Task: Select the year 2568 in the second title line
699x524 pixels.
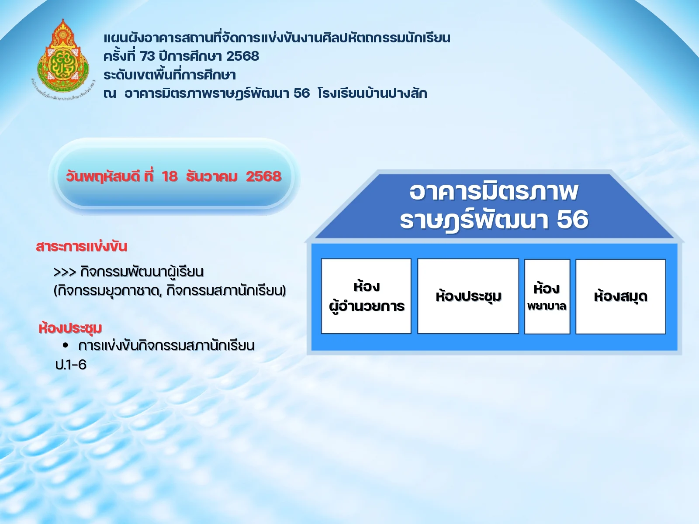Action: [242, 56]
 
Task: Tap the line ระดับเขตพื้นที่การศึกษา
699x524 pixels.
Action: [170, 75]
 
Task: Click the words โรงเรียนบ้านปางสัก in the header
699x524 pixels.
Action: [372, 93]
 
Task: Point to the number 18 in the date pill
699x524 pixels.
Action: [170, 176]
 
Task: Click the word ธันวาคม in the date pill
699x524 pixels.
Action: [211, 176]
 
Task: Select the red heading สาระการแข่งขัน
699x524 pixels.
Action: [82, 247]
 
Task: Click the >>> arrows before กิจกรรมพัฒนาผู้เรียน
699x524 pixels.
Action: [65, 272]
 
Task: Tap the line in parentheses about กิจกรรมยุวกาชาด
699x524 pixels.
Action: [170, 291]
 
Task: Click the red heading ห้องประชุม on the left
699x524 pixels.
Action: [70, 328]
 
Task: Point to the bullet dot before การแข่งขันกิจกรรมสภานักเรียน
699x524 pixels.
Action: [66, 345]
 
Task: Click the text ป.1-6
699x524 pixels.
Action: [71, 365]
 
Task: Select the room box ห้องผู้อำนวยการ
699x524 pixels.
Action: [366, 296]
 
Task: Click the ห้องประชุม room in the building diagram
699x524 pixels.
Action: [468, 296]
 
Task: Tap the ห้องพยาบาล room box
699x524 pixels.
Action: [547, 296]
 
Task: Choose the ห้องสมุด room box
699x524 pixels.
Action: [620, 296]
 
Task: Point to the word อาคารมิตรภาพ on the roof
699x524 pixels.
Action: [494, 192]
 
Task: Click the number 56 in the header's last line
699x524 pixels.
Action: [301, 93]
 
